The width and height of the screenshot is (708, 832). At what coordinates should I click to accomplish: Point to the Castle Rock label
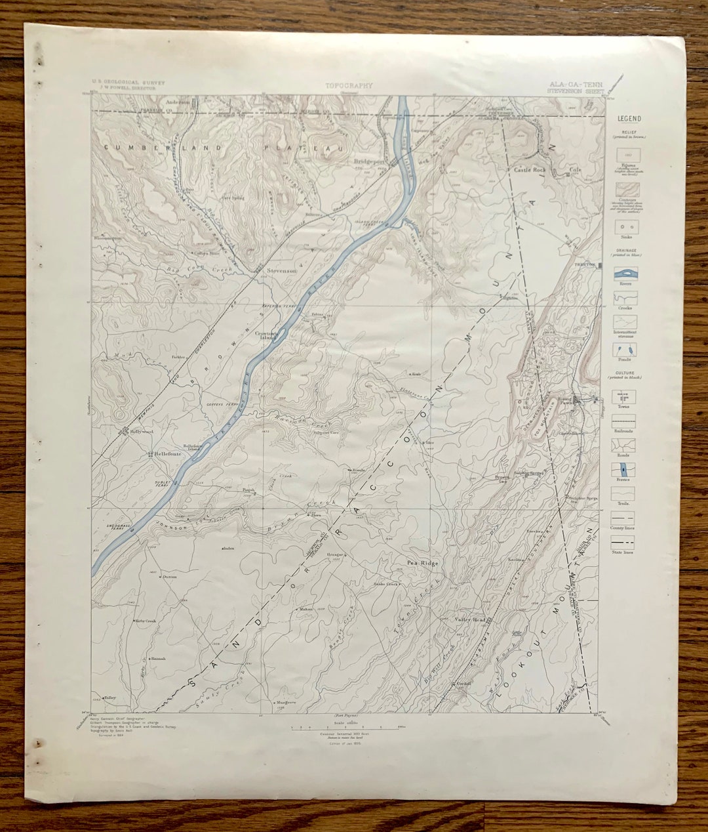point(529,169)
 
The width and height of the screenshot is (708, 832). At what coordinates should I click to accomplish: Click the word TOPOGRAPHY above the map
point(349,85)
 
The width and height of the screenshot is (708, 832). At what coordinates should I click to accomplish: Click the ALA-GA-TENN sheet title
point(572,85)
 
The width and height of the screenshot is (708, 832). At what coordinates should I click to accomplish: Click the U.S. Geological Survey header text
point(128,83)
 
